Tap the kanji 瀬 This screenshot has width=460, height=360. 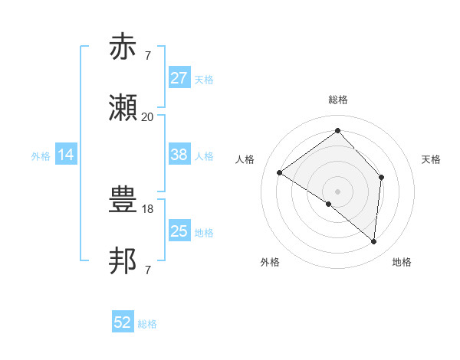[x=124, y=109]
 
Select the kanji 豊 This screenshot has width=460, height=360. [x=124, y=200]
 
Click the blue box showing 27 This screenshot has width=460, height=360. [x=179, y=78]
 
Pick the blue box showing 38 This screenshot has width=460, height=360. [x=179, y=155]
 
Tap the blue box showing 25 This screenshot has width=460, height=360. [x=179, y=231]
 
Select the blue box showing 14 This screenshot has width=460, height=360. [x=66, y=155]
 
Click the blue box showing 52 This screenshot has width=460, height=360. [x=123, y=323]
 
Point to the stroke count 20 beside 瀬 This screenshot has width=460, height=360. [x=147, y=116]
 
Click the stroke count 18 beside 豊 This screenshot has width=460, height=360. [x=149, y=208]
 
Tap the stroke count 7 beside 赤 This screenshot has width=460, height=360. [x=147, y=55]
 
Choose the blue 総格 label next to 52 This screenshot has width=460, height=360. [x=147, y=324]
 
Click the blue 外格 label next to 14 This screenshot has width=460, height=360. [x=41, y=155]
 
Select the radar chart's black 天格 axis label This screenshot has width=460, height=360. [x=431, y=159]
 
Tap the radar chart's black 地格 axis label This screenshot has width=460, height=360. [x=402, y=262]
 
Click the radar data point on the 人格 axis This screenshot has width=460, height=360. [x=280, y=172]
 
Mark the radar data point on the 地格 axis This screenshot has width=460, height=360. [x=373, y=241]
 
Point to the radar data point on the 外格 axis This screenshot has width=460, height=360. [x=329, y=204]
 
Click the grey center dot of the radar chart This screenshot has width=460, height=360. [x=337, y=191]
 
